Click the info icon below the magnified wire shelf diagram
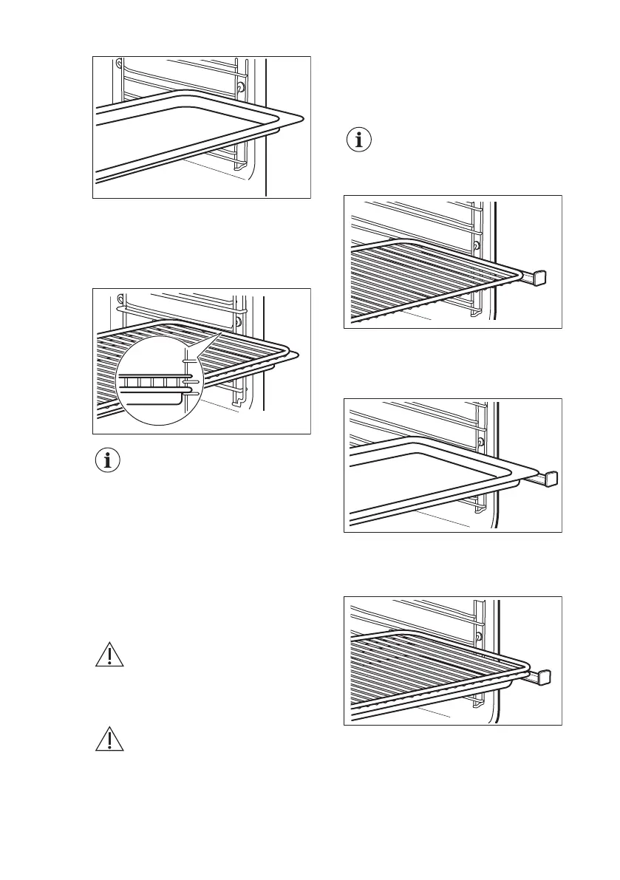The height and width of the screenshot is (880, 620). click(109, 462)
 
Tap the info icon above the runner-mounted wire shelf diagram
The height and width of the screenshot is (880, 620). click(360, 141)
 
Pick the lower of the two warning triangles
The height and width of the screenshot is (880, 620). click(109, 741)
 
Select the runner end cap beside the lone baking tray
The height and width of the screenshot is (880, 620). click(551, 480)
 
